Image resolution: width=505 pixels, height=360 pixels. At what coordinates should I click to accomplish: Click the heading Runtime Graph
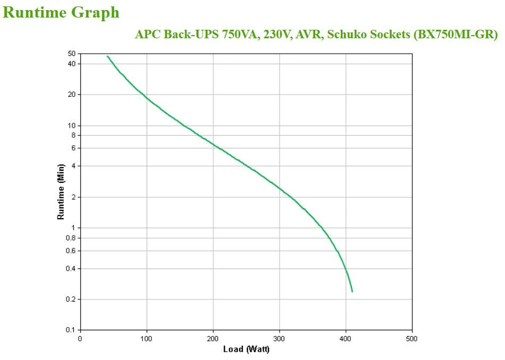61,12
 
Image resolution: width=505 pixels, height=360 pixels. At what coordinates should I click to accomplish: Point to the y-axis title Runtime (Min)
61,191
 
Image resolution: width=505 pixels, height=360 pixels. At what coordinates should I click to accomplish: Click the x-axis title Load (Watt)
246,349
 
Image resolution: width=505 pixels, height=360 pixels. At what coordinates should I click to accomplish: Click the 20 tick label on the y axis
72,95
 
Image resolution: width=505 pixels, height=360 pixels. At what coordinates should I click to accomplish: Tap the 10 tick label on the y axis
72,125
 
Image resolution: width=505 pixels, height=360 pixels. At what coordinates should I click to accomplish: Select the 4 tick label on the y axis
74,166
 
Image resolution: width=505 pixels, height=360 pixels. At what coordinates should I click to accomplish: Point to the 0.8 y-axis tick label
71,238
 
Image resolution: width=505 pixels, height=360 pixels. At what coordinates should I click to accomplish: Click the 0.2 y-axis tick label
71,299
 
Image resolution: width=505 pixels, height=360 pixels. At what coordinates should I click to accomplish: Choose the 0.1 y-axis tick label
71,330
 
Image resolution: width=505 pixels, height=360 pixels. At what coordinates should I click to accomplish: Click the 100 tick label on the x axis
147,339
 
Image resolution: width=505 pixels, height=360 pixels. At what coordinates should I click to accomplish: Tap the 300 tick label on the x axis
280,339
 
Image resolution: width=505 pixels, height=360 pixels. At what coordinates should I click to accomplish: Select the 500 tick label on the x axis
413,339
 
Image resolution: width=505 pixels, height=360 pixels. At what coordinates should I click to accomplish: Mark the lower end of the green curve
352,291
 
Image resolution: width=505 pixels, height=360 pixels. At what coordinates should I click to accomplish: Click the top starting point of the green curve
107,56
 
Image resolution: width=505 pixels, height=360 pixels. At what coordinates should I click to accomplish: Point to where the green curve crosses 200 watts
213,144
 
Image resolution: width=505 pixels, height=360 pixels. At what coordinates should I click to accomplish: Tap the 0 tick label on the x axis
80,339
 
